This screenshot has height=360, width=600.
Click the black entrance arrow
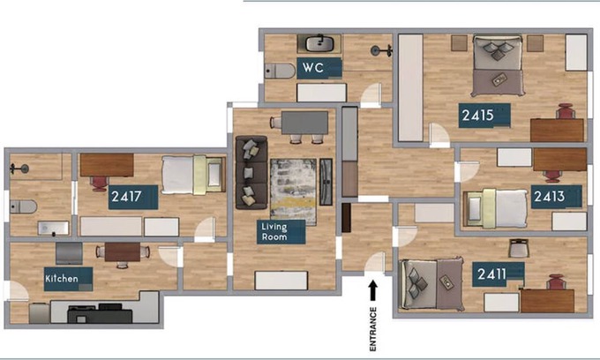tap(373, 291)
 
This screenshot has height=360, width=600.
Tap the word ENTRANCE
tap(373, 329)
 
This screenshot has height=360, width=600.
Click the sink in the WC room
tap(320, 43)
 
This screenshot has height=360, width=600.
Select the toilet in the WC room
tap(280, 71)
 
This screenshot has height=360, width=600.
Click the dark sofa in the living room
tap(251, 173)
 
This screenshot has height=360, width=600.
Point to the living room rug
tap(293, 192)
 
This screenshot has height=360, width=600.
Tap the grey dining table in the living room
tap(304, 123)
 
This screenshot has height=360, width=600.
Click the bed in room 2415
tap(498, 65)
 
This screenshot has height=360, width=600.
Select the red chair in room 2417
tap(99, 184)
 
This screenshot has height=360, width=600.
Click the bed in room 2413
tap(496, 208)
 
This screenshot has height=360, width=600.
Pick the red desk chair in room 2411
tap(556, 282)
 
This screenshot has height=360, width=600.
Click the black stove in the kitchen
tap(100, 313)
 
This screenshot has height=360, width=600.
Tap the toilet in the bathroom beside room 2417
tap(23, 207)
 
